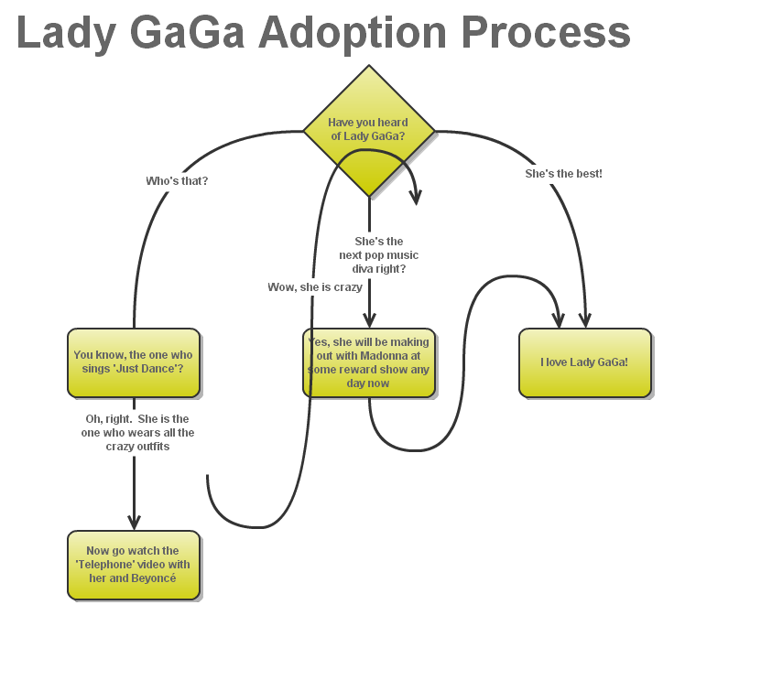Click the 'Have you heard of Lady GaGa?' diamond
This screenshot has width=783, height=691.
coord(368,130)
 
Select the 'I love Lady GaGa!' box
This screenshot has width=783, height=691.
coord(584,362)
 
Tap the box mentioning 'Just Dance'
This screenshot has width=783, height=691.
coord(134,362)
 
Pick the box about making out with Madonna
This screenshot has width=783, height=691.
coord(368,362)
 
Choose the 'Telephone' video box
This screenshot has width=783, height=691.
coord(134,565)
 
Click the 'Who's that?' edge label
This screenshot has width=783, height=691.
coord(177,181)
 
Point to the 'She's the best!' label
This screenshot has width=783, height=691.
coord(563,173)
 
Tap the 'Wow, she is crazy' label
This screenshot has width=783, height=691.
coord(315,287)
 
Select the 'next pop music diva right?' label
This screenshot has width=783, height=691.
coord(378,255)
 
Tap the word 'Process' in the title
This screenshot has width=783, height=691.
coord(546,33)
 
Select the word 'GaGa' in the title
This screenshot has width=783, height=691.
coord(189,33)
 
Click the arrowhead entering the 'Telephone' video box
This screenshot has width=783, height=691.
coord(134,523)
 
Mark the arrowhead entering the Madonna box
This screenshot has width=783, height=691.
coord(369,320)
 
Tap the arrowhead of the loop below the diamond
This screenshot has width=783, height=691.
coord(417,197)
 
